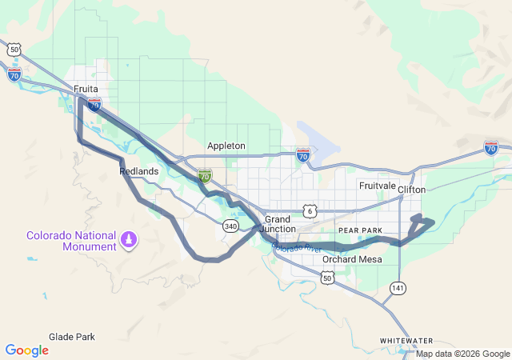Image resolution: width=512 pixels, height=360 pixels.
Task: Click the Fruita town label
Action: coord(85,89)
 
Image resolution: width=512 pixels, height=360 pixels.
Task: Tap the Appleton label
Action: coord(226,146)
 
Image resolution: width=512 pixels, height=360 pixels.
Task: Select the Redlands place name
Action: coord(138,171)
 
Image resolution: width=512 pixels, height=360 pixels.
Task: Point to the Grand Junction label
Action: coord(279,224)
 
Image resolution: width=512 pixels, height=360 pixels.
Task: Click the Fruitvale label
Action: coord(378,186)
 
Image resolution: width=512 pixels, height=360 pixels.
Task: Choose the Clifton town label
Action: coord(412,190)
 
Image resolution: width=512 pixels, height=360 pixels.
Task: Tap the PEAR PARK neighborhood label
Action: coord(361,230)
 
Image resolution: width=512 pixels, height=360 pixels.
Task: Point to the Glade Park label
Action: coord(72,337)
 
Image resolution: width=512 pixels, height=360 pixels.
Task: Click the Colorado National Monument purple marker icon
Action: coord(129,238)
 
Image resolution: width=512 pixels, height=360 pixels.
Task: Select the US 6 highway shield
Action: coord(310,210)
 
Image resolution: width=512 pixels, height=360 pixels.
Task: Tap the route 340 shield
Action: coord(231,226)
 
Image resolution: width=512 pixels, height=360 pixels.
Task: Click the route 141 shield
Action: coord(398,286)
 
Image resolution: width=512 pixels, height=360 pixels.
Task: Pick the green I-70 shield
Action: coord(206,174)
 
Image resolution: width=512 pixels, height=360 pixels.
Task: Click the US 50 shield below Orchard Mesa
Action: coord(326,278)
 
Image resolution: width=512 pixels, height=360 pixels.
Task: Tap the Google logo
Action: coord(26,350)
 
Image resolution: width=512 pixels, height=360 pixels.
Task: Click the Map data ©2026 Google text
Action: coord(462,354)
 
